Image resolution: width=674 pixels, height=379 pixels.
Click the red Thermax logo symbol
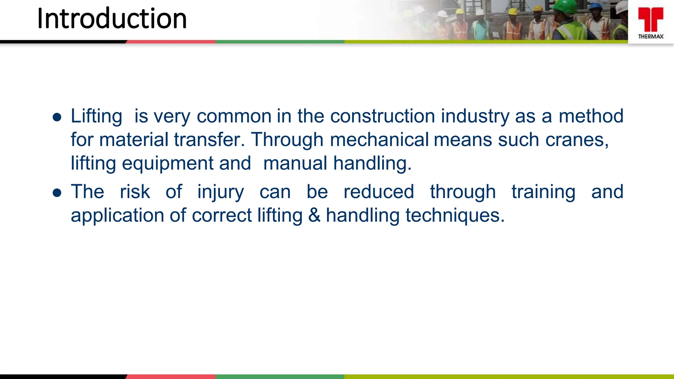point(651,19)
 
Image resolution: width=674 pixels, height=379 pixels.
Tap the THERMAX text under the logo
point(651,37)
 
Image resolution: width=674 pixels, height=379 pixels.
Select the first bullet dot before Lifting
point(57,117)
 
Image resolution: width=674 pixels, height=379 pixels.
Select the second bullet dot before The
point(57,193)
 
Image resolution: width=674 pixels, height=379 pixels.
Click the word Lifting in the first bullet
point(96,116)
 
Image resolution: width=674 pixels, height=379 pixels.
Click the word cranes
point(577,140)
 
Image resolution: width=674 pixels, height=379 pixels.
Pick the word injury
point(220,192)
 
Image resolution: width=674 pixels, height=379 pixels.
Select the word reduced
point(378,192)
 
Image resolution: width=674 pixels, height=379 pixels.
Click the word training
point(543,192)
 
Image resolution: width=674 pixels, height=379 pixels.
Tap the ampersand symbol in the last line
point(314,215)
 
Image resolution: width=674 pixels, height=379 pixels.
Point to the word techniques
point(454,215)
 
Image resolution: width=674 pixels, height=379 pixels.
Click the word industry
point(475,116)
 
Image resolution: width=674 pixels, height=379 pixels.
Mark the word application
point(117,215)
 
